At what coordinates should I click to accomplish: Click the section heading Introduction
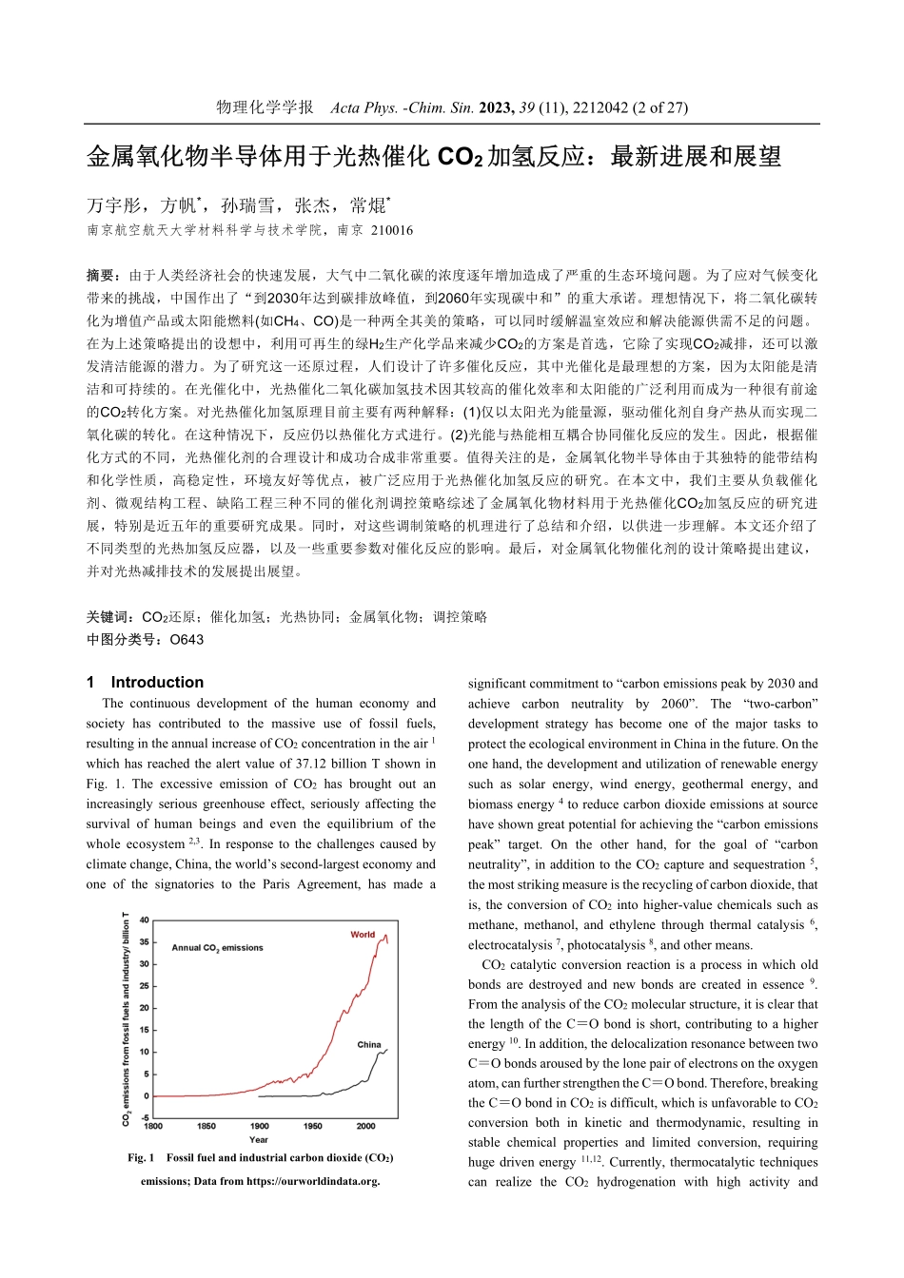(x=157, y=682)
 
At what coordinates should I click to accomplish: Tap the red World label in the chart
(x=363, y=935)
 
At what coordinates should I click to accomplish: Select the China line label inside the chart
(x=369, y=1044)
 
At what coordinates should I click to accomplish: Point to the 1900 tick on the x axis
(x=259, y=1126)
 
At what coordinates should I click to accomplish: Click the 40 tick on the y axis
(x=145, y=920)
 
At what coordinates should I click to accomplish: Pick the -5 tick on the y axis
(x=145, y=1117)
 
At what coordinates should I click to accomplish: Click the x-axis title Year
(x=259, y=1139)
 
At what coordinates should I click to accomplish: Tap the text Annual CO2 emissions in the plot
(x=217, y=947)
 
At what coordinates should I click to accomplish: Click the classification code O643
(x=187, y=639)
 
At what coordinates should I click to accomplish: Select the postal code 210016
(x=392, y=230)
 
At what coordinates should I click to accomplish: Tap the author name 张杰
(x=312, y=205)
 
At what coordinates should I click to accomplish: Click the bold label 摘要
(x=101, y=275)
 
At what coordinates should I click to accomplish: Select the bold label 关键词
(x=108, y=616)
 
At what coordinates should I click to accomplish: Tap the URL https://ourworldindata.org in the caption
(x=312, y=1181)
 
